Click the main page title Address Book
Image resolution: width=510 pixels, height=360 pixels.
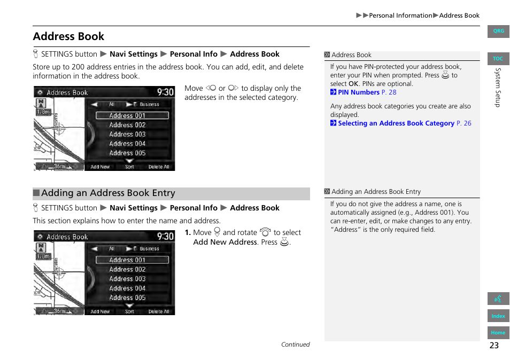click(68, 36)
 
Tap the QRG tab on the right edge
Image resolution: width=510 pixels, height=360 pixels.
click(498, 31)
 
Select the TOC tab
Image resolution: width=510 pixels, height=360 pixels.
click(498, 59)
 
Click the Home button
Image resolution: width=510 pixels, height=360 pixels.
click(498, 332)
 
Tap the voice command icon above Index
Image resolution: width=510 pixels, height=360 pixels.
click(498, 299)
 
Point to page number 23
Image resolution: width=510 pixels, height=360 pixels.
click(493, 345)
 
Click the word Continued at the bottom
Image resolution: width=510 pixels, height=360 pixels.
click(295, 345)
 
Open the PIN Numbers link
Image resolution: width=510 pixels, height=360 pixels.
click(359, 92)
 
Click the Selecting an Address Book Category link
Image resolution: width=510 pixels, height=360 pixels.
click(396, 123)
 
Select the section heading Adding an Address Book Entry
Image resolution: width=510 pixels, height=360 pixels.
click(108, 193)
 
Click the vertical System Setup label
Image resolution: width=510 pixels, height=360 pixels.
click(497, 87)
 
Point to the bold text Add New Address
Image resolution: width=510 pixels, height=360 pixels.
click(225, 242)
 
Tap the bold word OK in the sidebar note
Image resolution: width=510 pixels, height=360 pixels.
click(353, 84)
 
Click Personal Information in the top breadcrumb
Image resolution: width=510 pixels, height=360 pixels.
click(400, 15)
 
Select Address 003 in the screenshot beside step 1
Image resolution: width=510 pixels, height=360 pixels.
click(127, 279)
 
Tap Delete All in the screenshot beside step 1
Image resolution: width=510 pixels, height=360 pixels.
click(159, 311)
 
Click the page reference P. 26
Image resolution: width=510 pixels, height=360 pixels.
click(464, 123)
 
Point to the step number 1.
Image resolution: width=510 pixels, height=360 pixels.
click(188, 233)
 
